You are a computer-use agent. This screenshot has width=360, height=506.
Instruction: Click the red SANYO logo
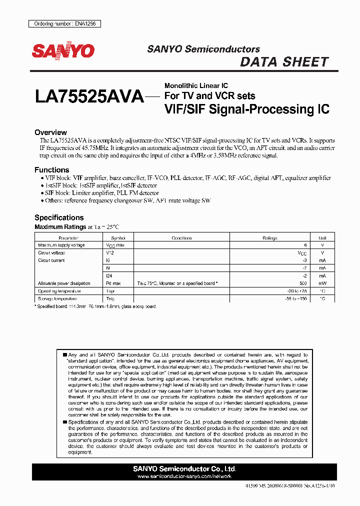click(63, 50)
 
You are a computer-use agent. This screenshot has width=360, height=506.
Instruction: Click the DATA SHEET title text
click(284, 62)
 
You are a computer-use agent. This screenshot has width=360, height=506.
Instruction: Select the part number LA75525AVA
click(89, 96)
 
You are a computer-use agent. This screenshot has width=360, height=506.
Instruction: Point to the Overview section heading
click(50, 132)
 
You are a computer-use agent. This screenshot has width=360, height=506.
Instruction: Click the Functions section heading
click(51, 170)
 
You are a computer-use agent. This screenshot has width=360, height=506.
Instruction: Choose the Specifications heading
click(59, 217)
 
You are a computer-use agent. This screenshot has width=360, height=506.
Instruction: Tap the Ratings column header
click(270, 238)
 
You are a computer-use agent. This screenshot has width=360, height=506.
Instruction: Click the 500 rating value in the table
click(302, 283)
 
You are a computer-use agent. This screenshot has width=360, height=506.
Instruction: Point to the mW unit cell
click(322, 283)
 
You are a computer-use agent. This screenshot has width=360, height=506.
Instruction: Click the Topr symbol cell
click(110, 291)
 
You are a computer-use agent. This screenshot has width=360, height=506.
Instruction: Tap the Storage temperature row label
click(57, 298)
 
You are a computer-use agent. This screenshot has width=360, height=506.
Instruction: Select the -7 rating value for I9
click(304, 268)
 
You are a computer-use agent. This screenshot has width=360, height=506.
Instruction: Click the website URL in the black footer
click(184, 476)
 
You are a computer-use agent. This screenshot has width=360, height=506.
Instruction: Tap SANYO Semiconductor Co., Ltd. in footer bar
click(184, 469)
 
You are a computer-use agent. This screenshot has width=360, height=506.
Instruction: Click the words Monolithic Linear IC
click(196, 86)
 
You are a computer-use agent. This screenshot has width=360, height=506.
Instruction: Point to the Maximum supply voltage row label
click(61, 245)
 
